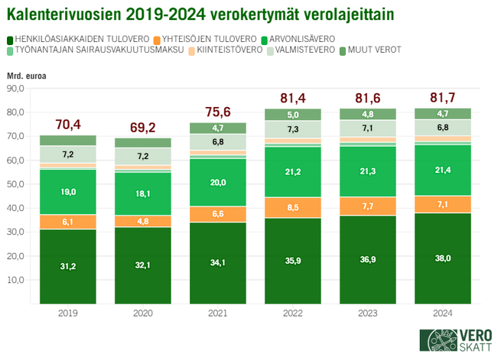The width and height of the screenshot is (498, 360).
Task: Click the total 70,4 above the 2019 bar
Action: coord(69,124)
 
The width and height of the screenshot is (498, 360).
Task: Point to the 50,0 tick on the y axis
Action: coord(15,184)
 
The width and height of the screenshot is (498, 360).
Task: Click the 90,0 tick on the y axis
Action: coord(15,89)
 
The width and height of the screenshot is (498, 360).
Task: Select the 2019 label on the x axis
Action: coord(69,313)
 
